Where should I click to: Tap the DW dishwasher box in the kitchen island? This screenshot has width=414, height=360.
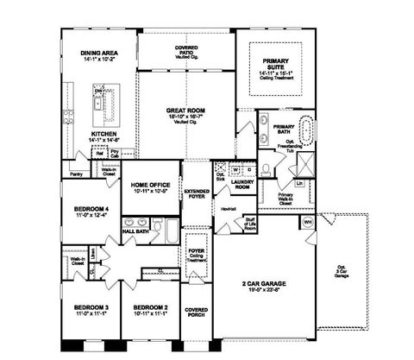click(x=99, y=91)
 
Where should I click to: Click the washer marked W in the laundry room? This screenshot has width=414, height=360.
click(x=235, y=169)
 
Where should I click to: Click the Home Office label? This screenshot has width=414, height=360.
click(x=150, y=186)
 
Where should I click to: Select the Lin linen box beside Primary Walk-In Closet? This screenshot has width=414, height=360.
click(x=299, y=182)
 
